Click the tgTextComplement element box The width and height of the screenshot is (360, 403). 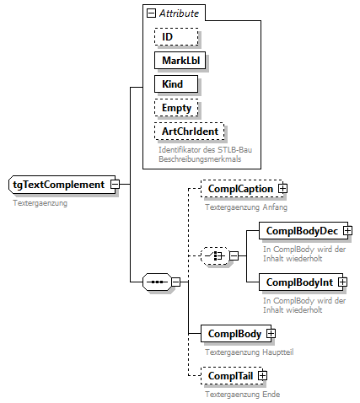(x=58, y=185)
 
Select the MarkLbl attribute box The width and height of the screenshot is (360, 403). (x=180, y=61)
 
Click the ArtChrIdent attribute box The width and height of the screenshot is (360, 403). (x=190, y=132)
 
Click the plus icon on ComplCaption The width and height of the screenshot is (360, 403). (x=283, y=190)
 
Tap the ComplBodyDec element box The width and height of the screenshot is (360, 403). (x=301, y=230)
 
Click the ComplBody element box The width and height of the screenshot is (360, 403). (x=231, y=333)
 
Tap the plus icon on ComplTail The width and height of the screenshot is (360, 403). (x=262, y=375)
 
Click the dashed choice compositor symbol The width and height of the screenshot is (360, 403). (x=215, y=255)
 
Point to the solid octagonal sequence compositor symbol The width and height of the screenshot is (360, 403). (x=156, y=281)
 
